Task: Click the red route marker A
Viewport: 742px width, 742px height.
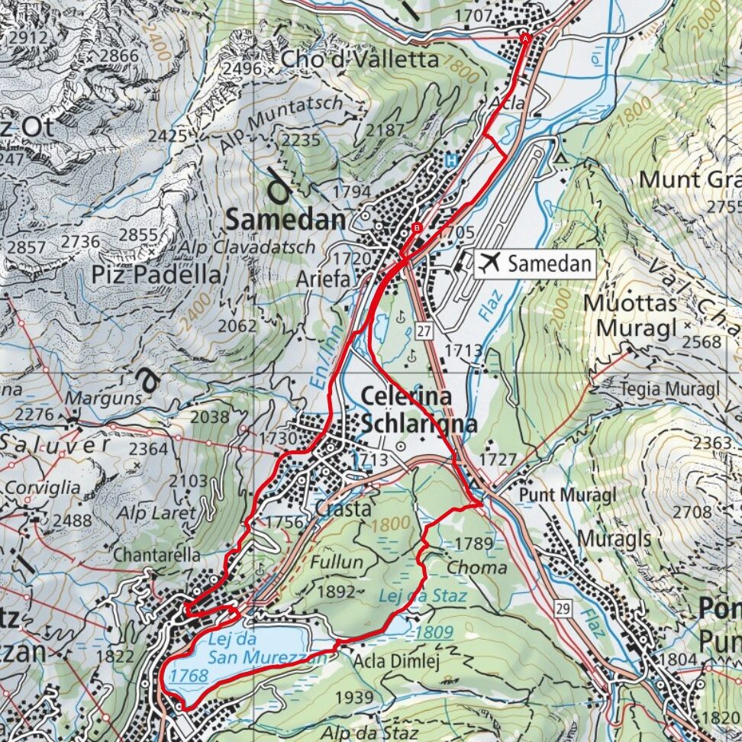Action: coord(524,37)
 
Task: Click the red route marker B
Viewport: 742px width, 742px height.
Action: coord(417,227)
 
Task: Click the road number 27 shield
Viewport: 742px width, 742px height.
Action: coord(424,330)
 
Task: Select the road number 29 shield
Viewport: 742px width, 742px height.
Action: coord(563,608)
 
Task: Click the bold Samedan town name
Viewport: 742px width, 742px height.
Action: coord(286,221)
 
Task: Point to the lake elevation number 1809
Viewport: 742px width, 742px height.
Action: coord(434,632)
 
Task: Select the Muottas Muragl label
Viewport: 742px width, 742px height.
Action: coord(630,315)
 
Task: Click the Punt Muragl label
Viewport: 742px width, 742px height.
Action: coord(567,495)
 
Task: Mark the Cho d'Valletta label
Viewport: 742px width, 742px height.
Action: coord(360,59)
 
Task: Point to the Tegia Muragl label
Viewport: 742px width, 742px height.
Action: coord(672,389)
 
